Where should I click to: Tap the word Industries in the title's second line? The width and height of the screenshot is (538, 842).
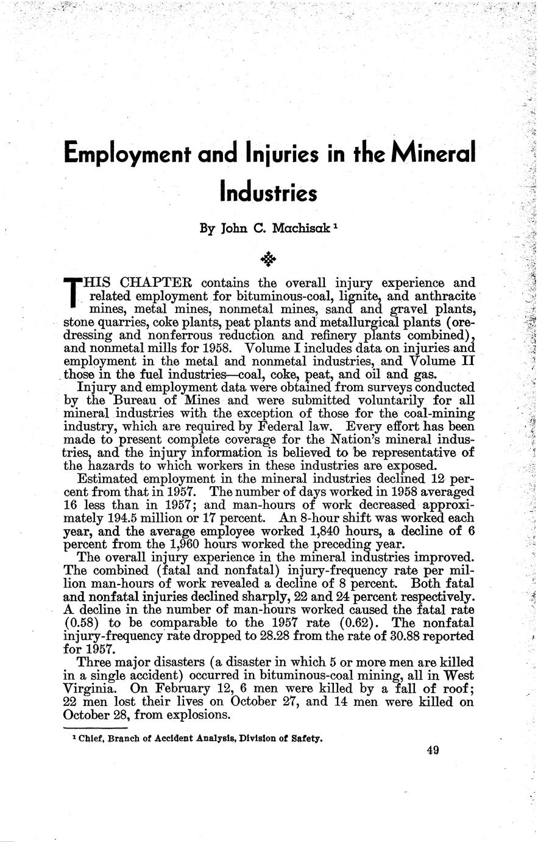pos(268,191)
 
